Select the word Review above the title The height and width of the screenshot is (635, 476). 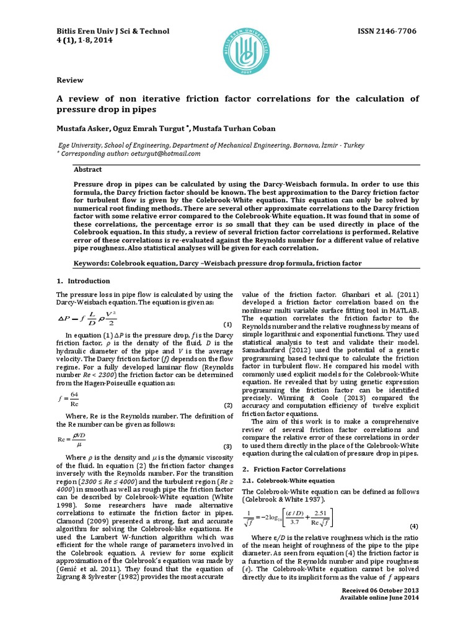click(69, 81)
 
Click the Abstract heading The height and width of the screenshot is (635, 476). click(88, 169)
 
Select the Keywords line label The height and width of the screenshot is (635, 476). click(95, 264)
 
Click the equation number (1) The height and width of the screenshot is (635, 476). click(227, 325)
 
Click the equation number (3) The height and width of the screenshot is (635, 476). click(227, 446)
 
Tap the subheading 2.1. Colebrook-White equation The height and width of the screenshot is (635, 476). click(296, 481)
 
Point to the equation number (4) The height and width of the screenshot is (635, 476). click(414, 526)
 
